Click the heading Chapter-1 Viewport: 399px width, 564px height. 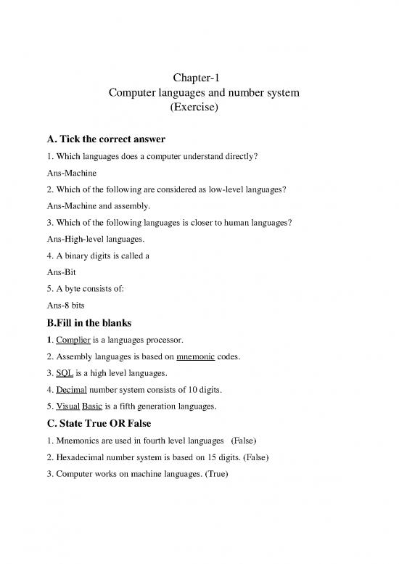pos(199,78)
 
